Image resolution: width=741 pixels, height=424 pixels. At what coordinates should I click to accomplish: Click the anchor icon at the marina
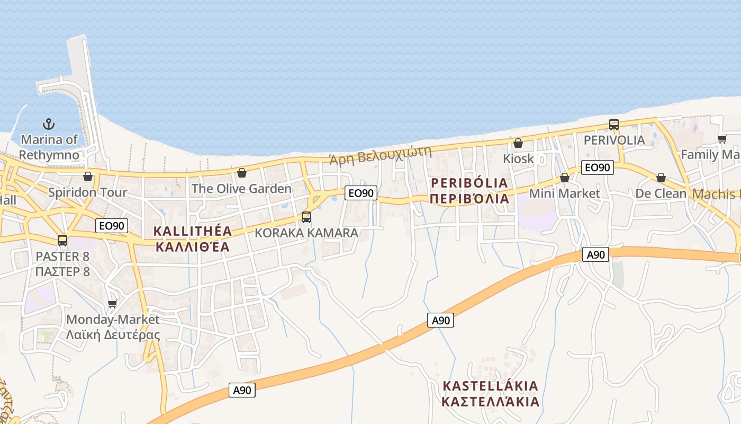point(49,124)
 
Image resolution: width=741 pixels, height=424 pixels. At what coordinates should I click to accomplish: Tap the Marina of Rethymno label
point(49,147)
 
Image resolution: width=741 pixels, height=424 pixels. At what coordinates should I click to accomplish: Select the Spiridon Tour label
point(88,192)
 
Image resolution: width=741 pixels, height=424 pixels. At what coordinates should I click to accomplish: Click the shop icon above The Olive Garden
point(242,173)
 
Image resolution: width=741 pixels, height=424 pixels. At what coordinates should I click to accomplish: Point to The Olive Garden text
point(241,189)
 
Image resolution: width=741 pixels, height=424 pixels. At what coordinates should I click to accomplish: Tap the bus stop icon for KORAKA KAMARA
point(306,217)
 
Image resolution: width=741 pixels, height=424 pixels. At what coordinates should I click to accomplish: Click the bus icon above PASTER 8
point(62,241)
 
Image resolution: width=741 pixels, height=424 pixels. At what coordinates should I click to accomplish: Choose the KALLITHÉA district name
point(193,238)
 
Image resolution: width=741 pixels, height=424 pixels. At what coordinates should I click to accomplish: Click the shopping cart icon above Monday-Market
point(112,304)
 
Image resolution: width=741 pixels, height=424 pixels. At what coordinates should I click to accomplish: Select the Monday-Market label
point(113,320)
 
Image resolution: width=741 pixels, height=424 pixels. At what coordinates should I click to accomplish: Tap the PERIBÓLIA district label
point(469,191)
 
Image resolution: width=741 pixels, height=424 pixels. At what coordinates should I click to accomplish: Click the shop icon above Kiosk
point(518,143)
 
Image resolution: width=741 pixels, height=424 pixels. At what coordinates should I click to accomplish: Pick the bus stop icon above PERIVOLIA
point(614,125)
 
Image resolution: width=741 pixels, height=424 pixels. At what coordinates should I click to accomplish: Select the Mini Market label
point(565,193)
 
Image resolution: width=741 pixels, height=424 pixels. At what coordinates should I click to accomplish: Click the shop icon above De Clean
point(661,178)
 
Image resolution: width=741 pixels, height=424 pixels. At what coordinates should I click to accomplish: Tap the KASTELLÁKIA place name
point(490,393)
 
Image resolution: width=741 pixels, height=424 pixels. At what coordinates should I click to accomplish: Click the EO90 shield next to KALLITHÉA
point(112,226)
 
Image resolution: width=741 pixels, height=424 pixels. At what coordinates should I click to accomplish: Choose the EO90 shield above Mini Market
point(597,167)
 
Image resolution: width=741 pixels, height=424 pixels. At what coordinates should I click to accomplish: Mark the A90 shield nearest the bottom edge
point(242,390)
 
